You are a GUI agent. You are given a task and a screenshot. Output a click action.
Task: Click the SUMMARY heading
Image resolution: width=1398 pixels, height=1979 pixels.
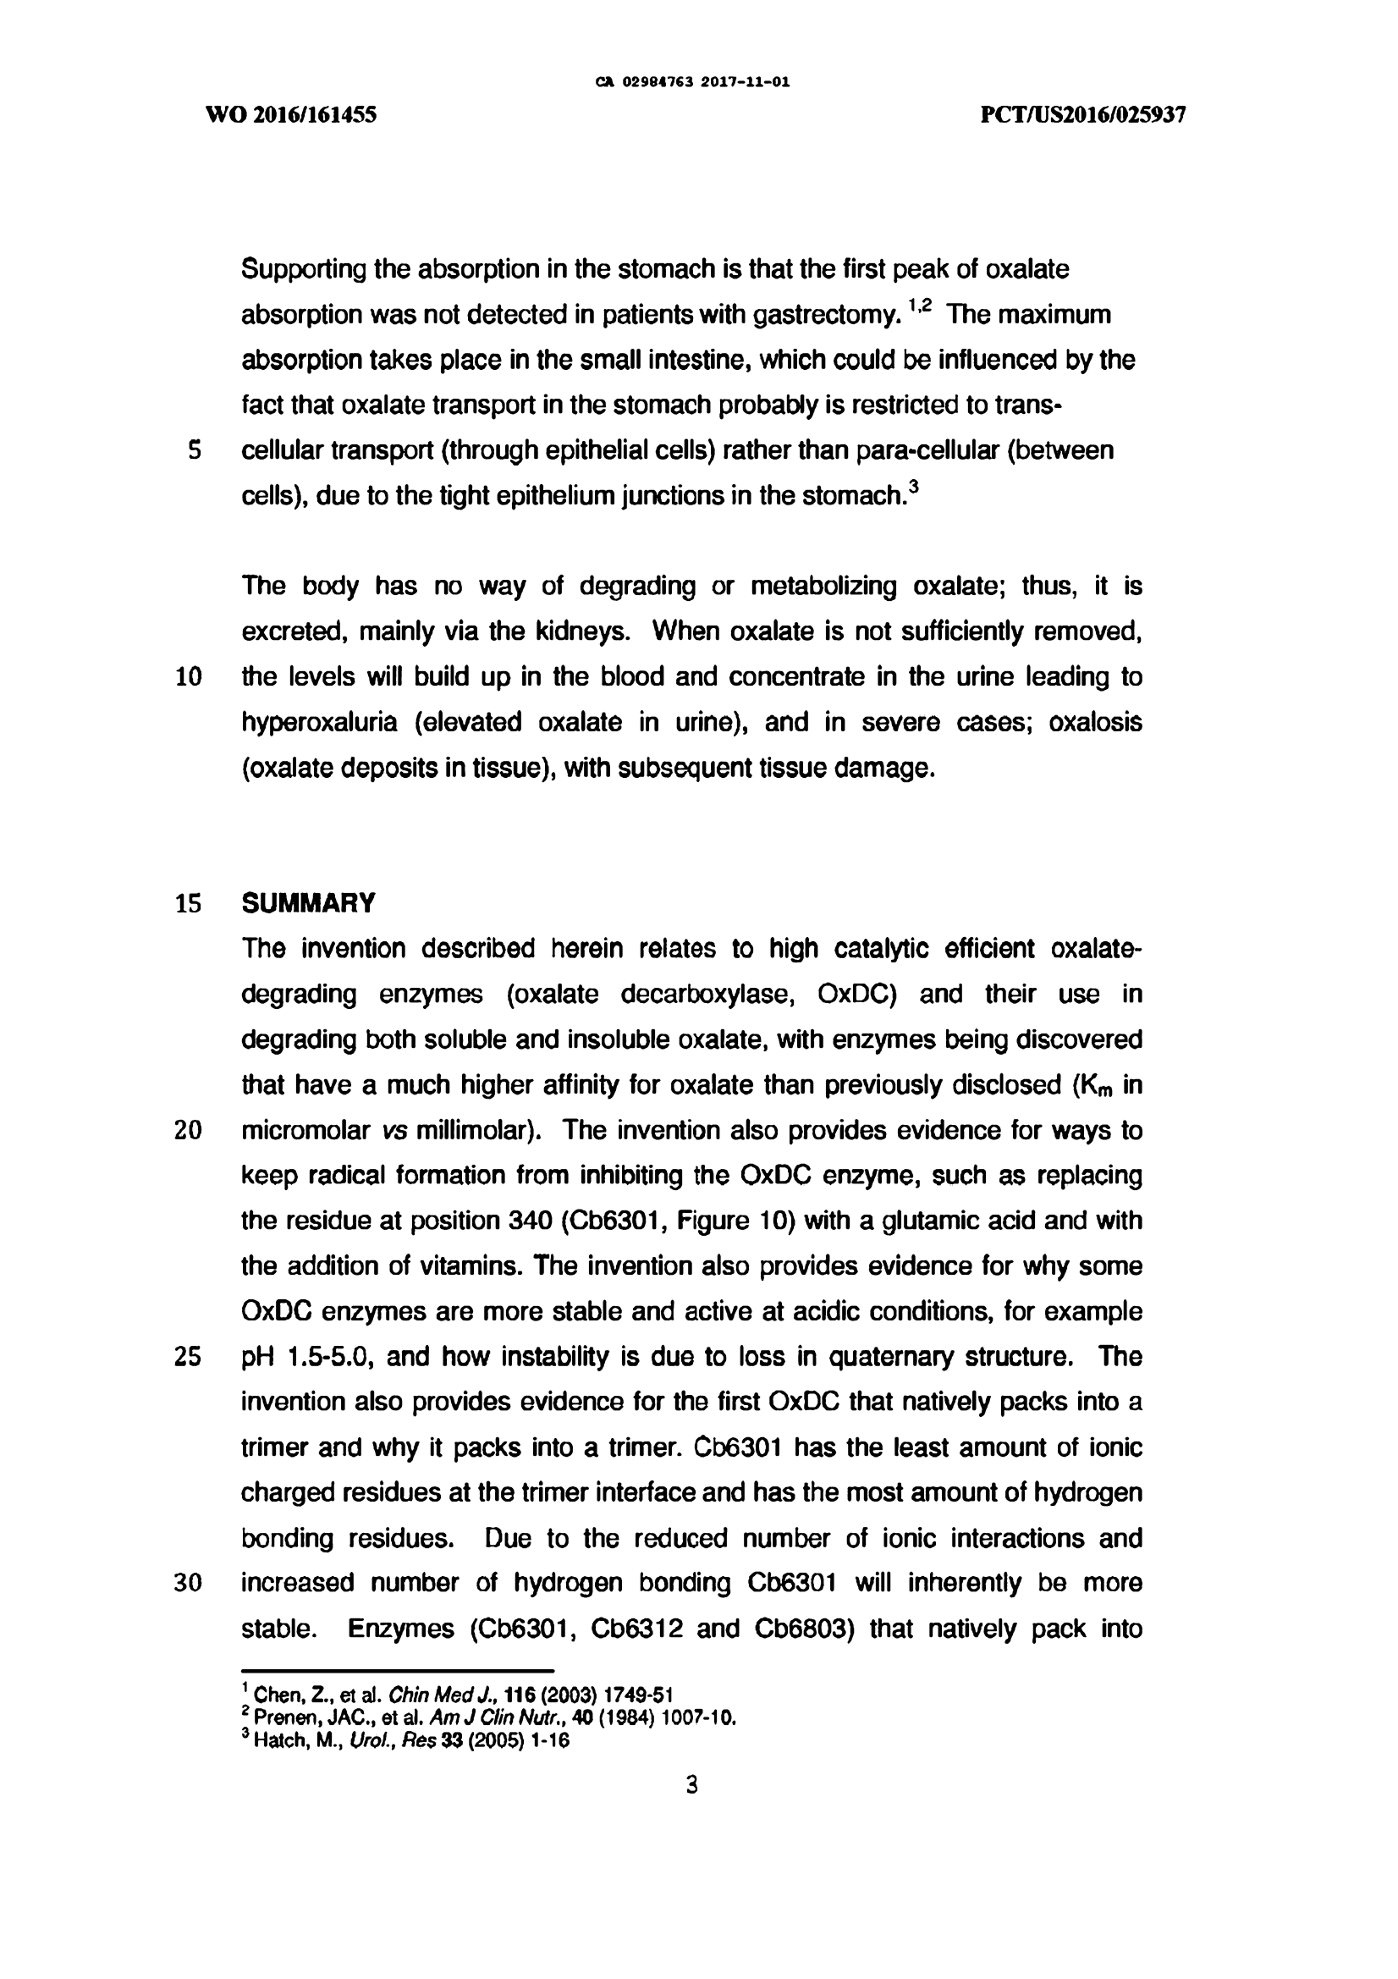tap(308, 903)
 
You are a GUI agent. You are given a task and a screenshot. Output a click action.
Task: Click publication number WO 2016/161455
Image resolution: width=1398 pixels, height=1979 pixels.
tap(291, 115)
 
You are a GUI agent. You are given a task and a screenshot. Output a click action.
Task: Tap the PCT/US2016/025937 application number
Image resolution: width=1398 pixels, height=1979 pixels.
tap(1083, 115)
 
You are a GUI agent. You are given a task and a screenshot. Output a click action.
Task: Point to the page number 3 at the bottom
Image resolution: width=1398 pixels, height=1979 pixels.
tap(691, 1784)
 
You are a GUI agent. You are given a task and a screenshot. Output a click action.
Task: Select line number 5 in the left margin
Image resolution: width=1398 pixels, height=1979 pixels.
tap(194, 451)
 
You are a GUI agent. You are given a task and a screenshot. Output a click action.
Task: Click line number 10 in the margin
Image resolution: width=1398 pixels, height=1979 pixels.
tap(188, 677)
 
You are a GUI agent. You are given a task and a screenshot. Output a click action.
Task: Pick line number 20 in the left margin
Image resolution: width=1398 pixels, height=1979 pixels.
tap(188, 1130)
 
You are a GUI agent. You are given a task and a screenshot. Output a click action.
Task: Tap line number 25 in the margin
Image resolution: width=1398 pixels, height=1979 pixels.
tap(188, 1357)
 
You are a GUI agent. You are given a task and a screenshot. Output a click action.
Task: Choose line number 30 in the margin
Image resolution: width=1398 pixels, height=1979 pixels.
tap(188, 1584)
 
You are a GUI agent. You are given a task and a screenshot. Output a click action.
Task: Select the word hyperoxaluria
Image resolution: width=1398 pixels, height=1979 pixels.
tap(319, 722)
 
